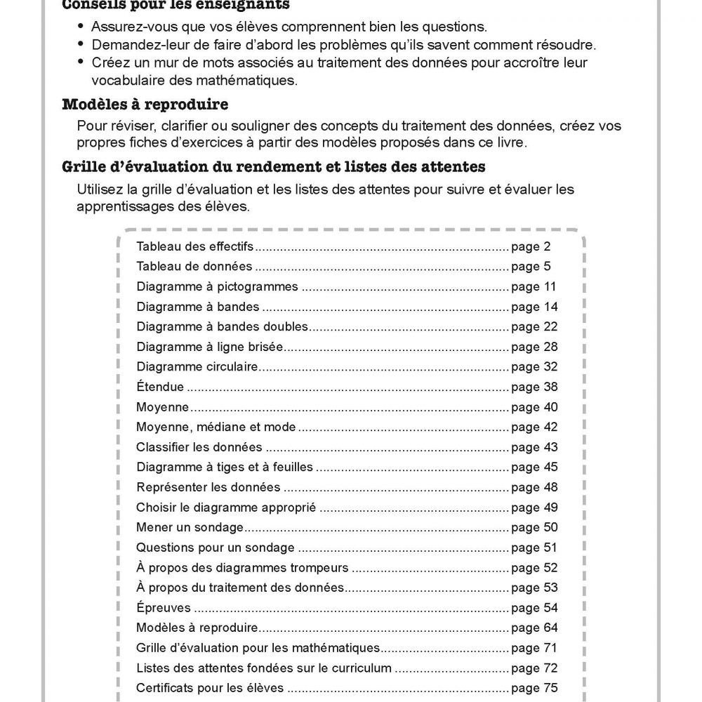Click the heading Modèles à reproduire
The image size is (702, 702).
coord(145,105)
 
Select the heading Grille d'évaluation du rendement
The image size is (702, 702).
coord(273,167)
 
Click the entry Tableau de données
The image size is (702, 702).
coord(194,267)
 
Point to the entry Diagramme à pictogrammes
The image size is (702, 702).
coord(218,286)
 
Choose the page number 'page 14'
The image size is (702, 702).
coord(534,307)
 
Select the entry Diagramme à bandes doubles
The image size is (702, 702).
coord(223,326)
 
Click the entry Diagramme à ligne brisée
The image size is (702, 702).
coord(210,347)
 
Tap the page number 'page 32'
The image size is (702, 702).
coord(534,366)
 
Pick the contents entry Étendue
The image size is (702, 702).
coord(160,387)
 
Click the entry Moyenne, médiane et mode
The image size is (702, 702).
coord(216,427)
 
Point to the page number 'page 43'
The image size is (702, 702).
coord(534,447)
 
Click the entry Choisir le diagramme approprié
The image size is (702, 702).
coord(226,508)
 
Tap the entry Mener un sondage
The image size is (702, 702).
coord(190,527)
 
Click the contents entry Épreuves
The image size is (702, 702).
coord(163,608)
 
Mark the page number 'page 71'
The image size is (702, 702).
coord(534,648)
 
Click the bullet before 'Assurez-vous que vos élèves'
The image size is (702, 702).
coord(84,27)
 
